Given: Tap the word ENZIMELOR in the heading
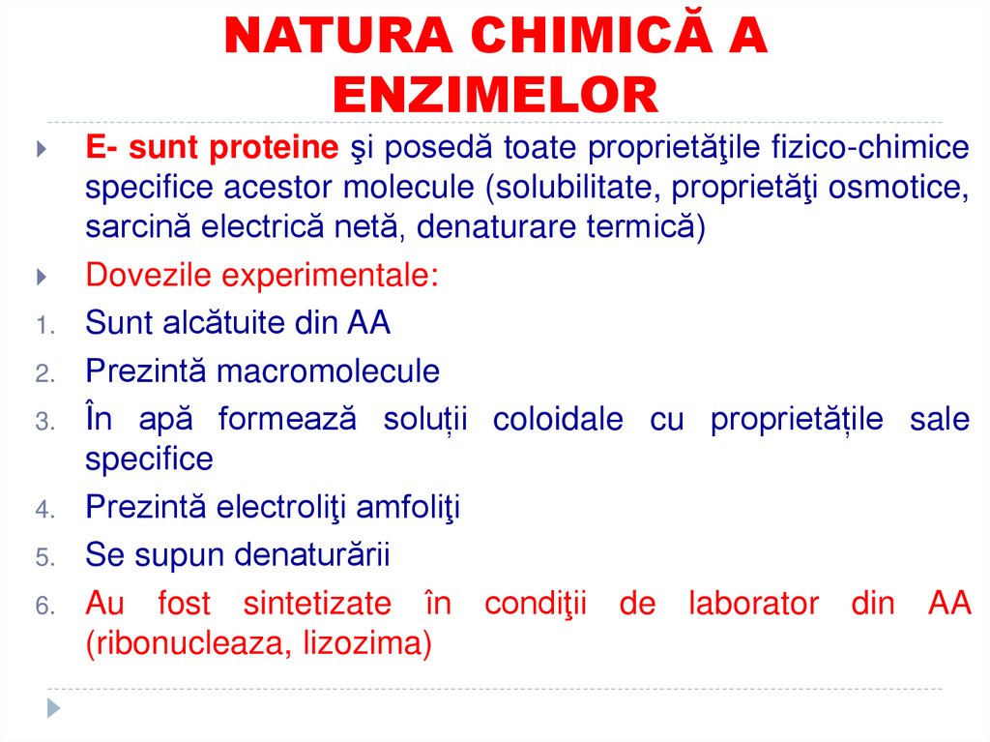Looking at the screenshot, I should tap(495, 95).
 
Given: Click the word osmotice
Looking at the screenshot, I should tap(896, 188).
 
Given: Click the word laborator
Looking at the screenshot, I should tap(753, 604).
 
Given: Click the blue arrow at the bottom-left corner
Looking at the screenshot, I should tap(54, 709).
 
